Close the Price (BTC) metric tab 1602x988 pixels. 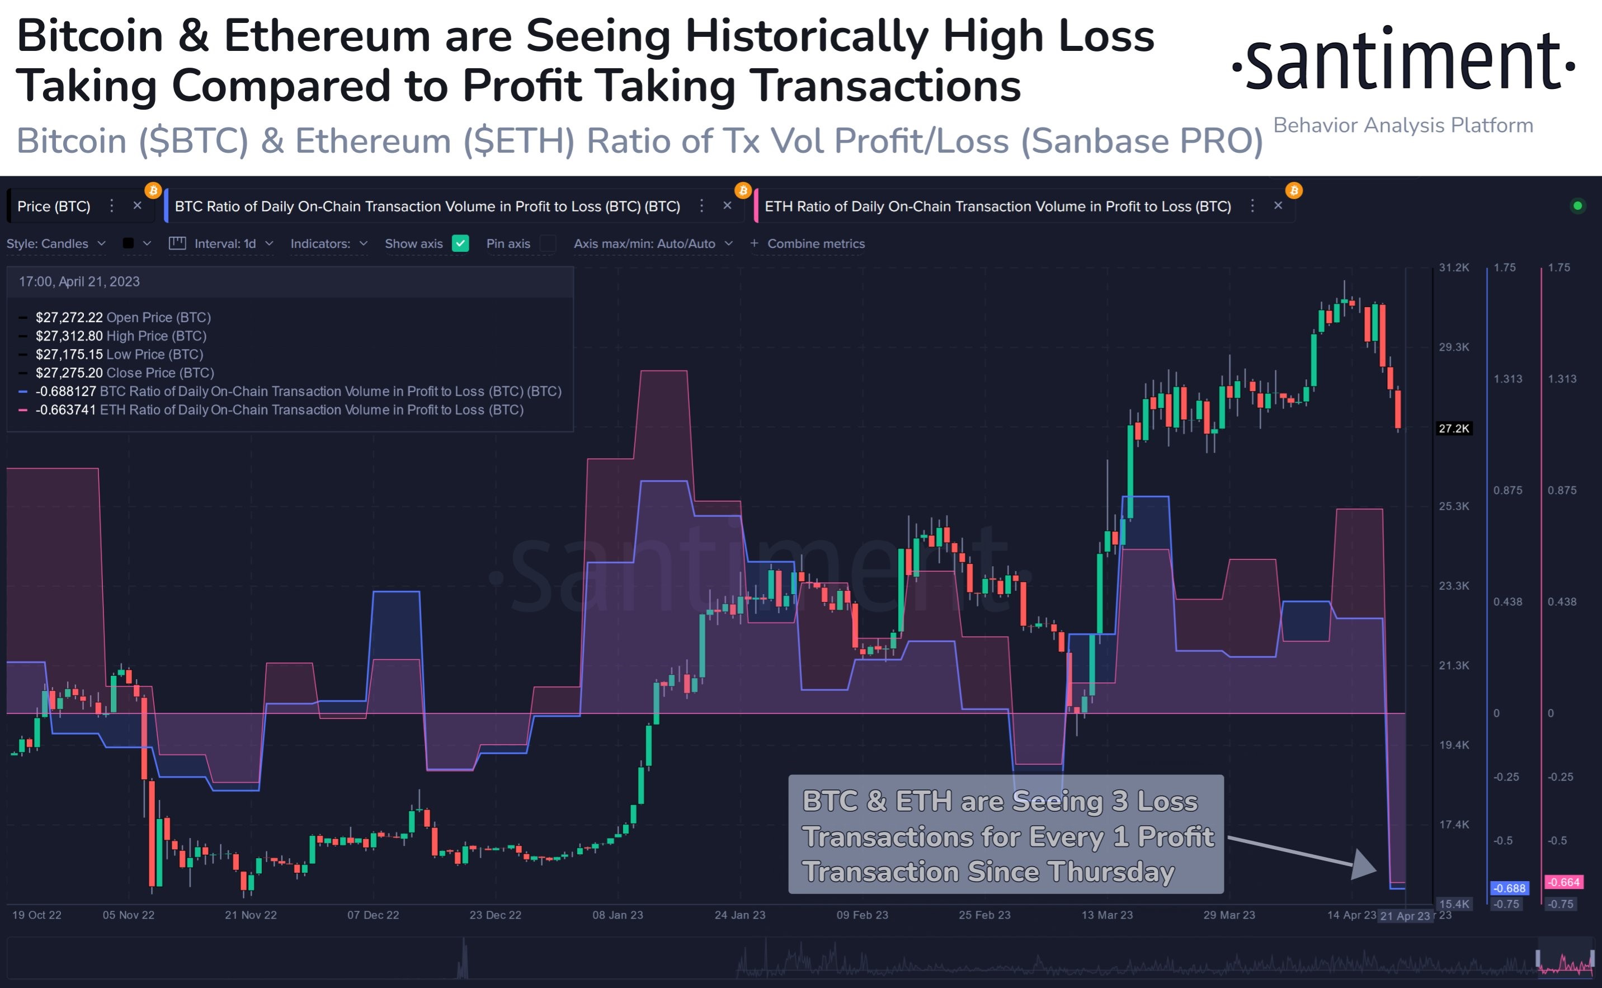(137, 206)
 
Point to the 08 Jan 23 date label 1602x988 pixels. (618, 915)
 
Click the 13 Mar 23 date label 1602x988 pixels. (1107, 915)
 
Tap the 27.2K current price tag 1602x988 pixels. (1453, 429)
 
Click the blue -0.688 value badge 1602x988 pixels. (1509, 888)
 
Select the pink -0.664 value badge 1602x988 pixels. (1563, 882)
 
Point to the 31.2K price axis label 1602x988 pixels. (1454, 268)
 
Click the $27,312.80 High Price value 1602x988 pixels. (69, 336)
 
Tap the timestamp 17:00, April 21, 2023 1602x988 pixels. (79, 281)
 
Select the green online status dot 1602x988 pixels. (1577, 206)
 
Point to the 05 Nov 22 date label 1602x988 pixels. (128, 915)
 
